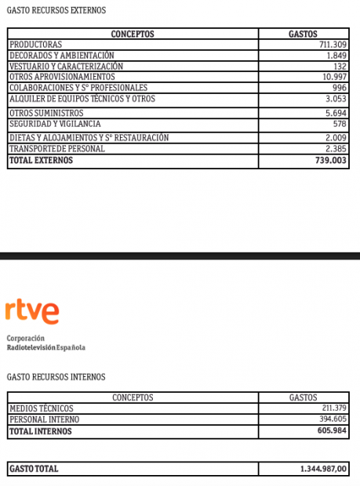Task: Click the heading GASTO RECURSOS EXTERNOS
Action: (x=56, y=10)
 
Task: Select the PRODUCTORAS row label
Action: (x=35, y=45)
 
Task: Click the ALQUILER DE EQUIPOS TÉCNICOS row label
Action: (x=82, y=99)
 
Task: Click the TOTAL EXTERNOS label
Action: (x=41, y=160)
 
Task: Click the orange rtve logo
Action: (x=32, y=312)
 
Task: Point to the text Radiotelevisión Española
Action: (x=45, y=347)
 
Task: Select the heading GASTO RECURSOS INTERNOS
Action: (x=55, y=377)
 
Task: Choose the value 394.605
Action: (x=333, y=420)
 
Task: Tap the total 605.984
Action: (x=330, y=431)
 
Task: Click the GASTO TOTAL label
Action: (x=34, y=469)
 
